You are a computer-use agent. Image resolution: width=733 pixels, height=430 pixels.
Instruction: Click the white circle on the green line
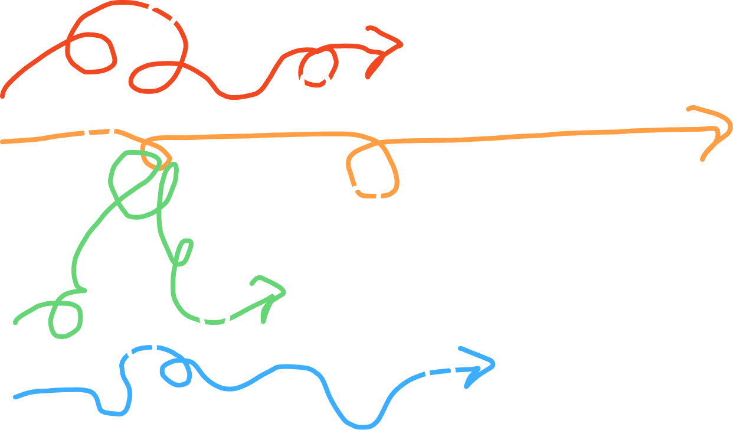214,320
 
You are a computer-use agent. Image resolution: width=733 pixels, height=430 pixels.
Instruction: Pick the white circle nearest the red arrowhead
315,83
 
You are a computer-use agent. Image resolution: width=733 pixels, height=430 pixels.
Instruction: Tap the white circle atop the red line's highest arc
162,13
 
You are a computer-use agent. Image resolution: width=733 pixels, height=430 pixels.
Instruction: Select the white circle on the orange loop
365,195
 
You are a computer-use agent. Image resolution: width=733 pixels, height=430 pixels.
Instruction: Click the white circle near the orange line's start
98,130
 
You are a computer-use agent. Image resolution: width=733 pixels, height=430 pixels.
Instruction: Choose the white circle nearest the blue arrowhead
440,372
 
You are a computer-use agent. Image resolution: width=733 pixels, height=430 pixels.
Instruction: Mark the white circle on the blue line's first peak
141,349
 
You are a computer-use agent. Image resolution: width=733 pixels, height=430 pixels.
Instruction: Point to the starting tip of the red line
3,96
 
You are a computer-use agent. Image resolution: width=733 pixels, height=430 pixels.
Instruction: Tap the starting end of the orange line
3,142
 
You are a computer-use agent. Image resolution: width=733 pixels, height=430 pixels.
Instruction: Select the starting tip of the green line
16,323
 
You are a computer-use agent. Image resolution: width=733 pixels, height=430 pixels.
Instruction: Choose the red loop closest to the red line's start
90,52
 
